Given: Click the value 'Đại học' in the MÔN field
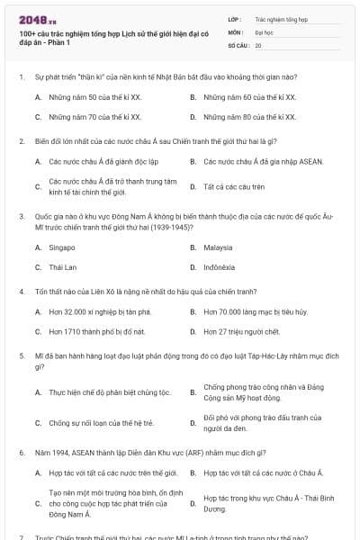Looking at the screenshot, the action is (264, 31).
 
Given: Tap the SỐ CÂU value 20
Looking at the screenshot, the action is (258, 44).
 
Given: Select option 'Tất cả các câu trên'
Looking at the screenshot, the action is (234, 186).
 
